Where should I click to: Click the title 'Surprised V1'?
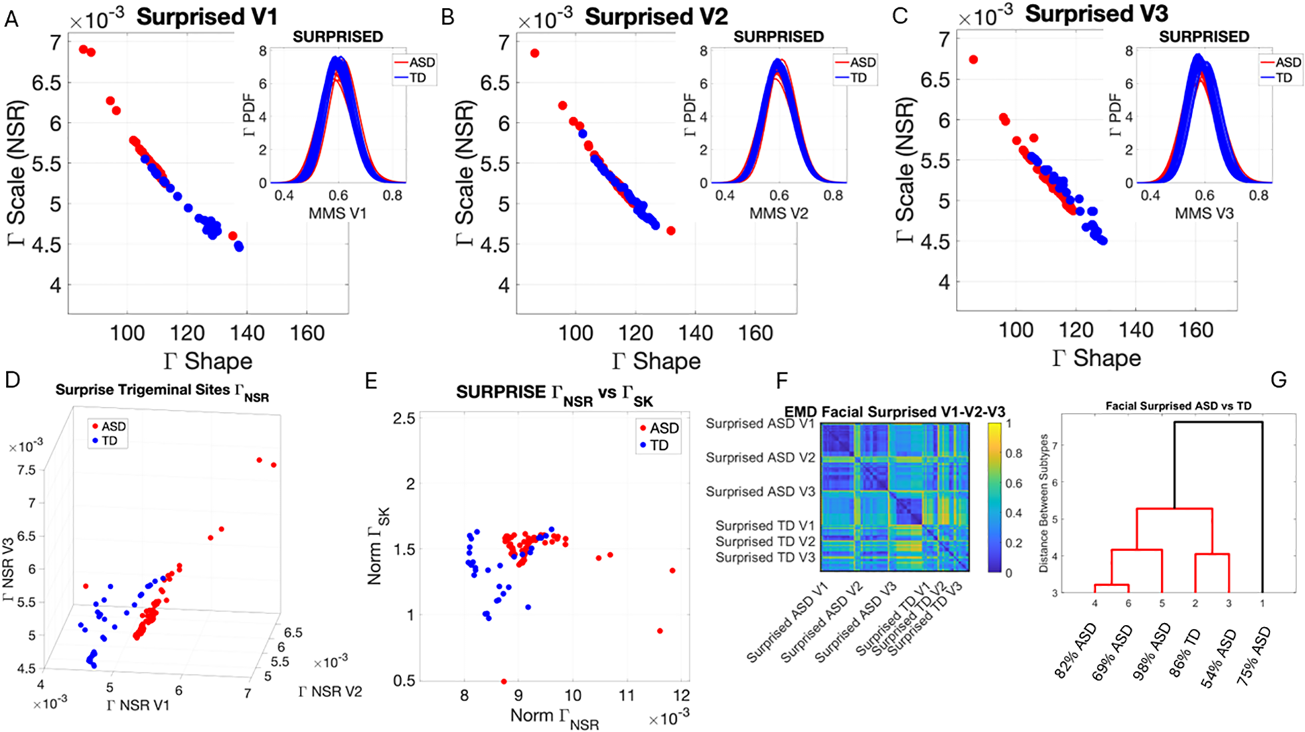206,17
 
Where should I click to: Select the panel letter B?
448,17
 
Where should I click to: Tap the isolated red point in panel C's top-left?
974,60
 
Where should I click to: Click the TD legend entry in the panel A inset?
416,78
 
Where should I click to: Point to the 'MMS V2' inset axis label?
778,214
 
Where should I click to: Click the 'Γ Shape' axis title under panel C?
1096,358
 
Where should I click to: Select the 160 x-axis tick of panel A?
307,333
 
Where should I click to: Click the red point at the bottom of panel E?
504,682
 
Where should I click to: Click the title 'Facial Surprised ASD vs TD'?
1178,406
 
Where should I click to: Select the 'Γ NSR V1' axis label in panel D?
138,705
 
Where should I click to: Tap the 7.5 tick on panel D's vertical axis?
26,469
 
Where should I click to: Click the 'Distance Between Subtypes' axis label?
1043,503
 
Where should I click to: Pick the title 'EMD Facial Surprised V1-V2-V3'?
895,412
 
